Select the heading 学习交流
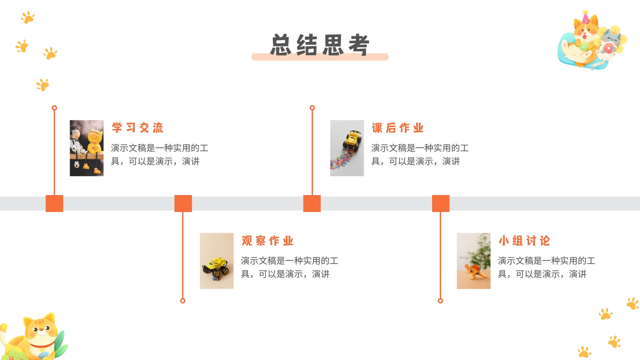(x=138, y=128)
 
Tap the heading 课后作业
(x=398, y=128)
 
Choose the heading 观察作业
(x=268, y=240)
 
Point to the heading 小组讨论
(x=524, y=240)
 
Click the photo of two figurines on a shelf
(x=86, y=148)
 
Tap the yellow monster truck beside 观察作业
(x=216, y=268)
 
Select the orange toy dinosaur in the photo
(x=474, y=272)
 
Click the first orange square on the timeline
(x=54, y=204)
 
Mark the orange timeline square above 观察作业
(x=183, y=204)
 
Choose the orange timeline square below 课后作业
(x=312, y=204)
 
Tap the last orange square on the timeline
(x=440, y=204)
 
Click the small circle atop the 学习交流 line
(x=54, y=108)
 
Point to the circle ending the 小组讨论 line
(x=440, y=300)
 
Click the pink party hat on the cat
(x=586, y=17)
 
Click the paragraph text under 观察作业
(x=290, y=267)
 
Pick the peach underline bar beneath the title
(x=320, y=57)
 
